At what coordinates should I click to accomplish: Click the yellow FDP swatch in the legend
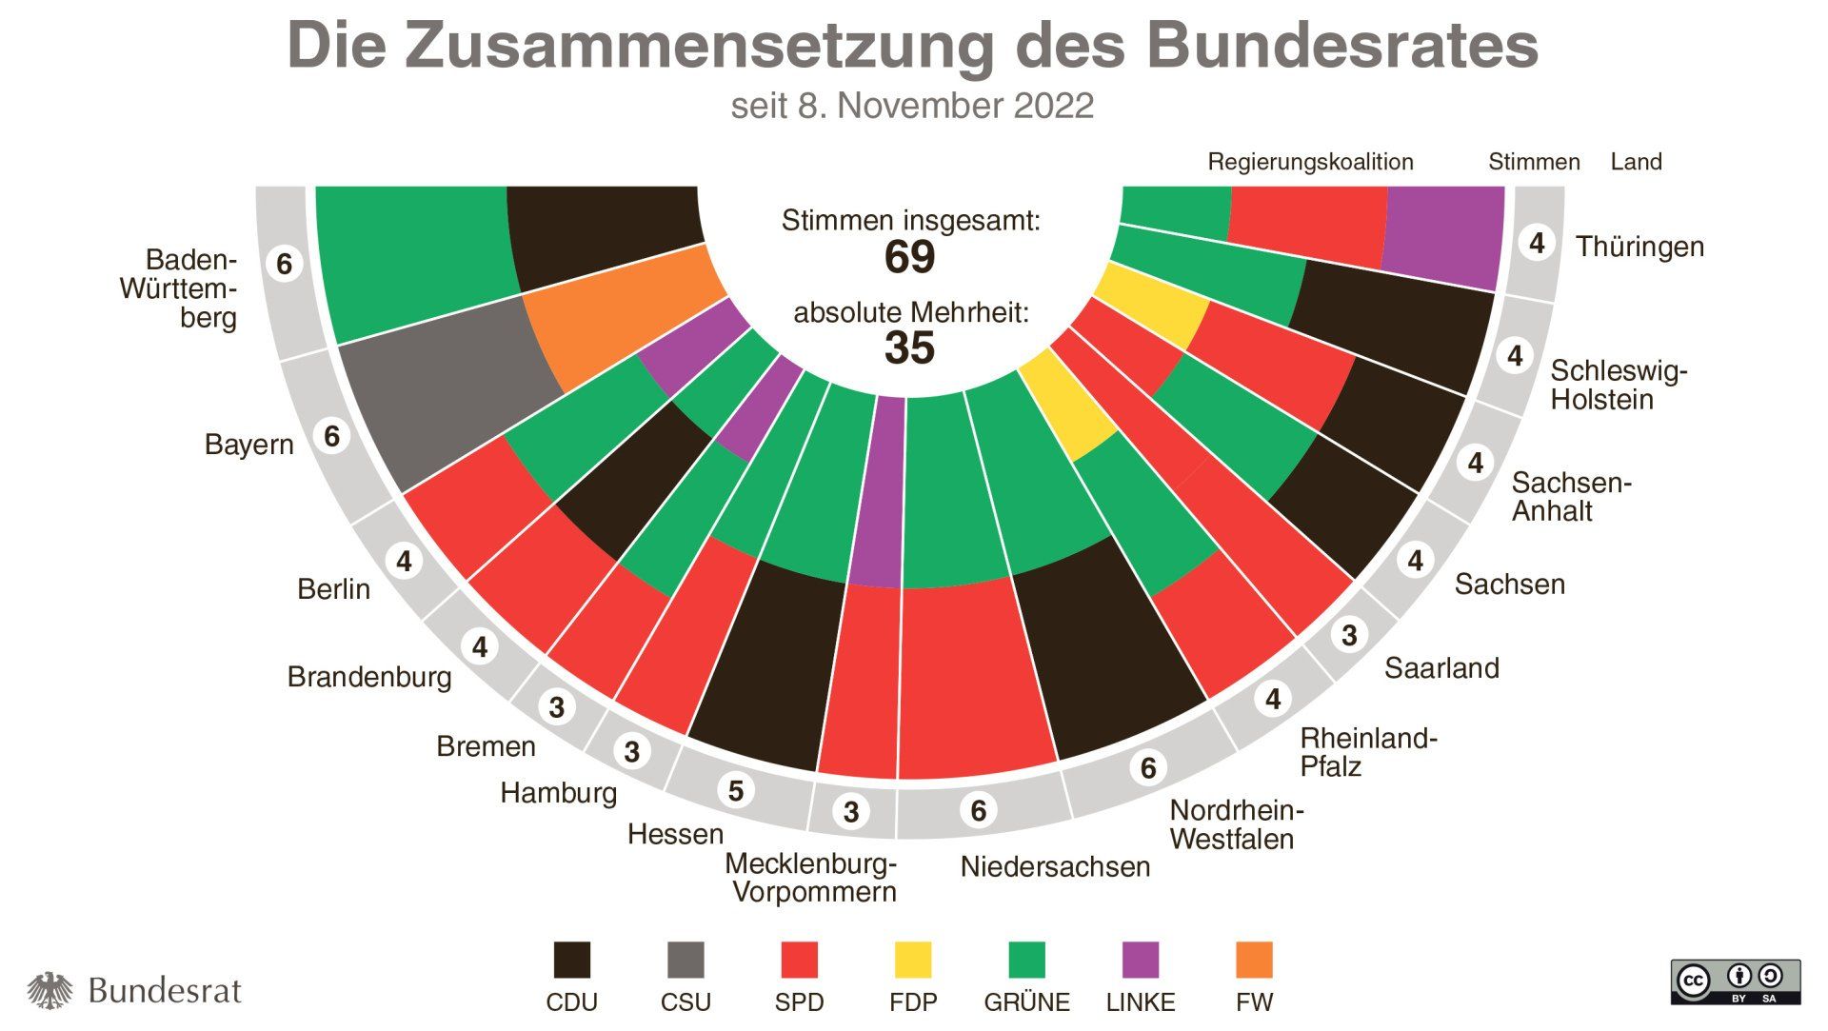912,960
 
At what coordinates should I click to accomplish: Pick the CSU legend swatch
685,960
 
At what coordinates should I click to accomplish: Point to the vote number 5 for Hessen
735,790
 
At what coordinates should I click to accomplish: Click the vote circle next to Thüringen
1536,244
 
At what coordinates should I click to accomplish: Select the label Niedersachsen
1055,867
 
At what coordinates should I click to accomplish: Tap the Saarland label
1441,668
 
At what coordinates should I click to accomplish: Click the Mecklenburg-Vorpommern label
811,878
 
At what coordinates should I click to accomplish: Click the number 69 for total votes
909,257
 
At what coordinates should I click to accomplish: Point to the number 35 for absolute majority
909,348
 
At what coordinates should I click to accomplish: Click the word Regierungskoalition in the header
1310,162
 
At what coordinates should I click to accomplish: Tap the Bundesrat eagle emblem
50,991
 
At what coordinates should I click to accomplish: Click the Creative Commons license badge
1735,981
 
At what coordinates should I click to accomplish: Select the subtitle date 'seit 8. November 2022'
912,106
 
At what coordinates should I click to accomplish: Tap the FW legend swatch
1254,960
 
